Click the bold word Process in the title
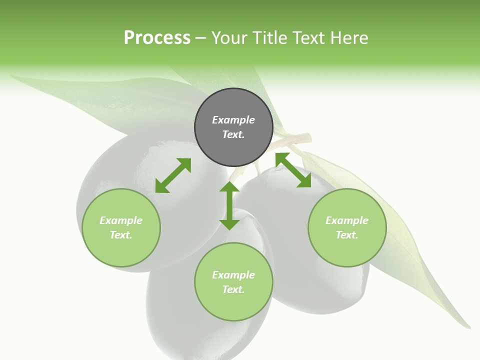[x=157, y=38]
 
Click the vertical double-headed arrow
[x=229, y=205]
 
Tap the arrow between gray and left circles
[x=173, y=175]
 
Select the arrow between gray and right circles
[x=293, y=170]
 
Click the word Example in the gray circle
[x=233, y=120]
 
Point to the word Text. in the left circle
[x=121, y=235]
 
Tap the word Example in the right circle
[x=347, y=220]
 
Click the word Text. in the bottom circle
[x=233, y=289]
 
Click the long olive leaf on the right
[x=400, y=225]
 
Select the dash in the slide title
[x=201, y=38]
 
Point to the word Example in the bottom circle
[x=233, y=275]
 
